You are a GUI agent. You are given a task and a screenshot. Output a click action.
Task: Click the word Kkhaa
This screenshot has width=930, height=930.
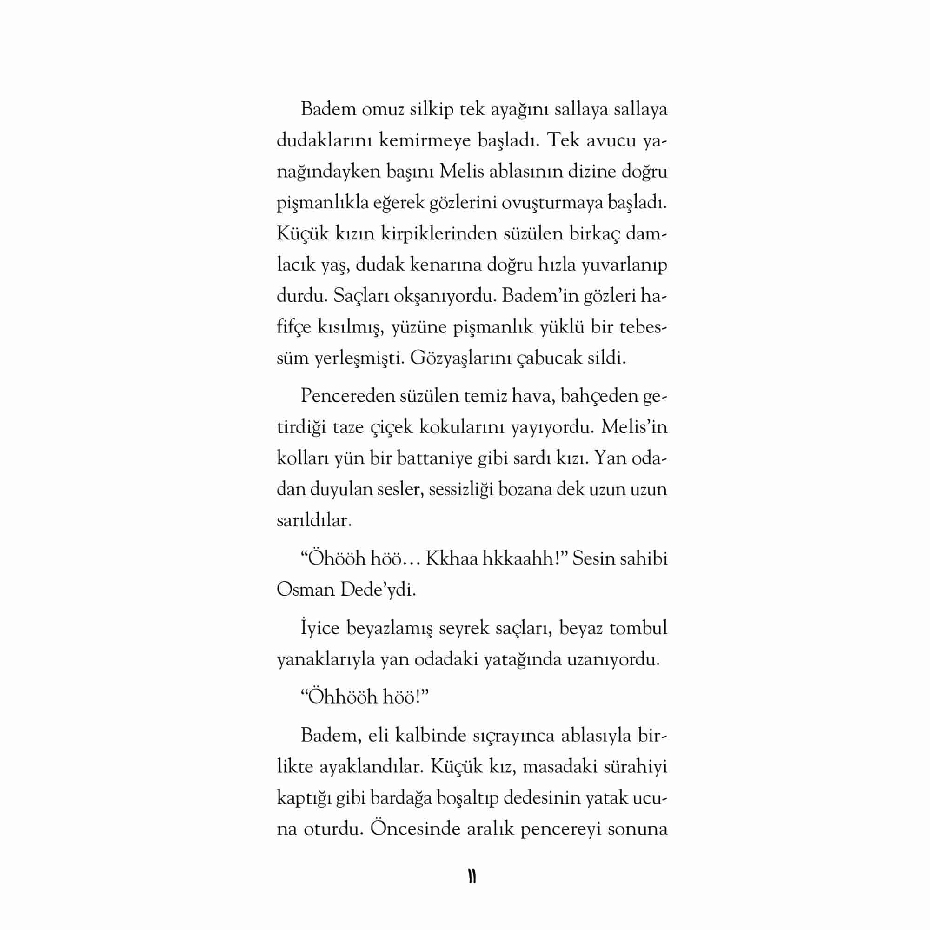(450, 558)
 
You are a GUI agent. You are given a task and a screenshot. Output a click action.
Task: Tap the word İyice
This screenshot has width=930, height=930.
(320, 628)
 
